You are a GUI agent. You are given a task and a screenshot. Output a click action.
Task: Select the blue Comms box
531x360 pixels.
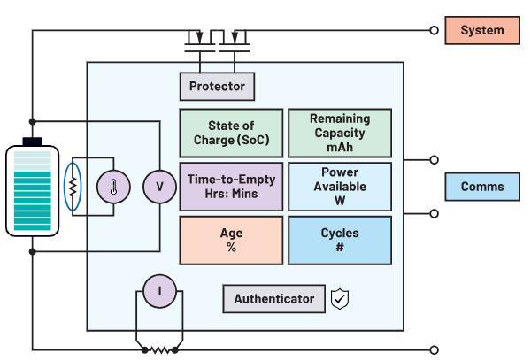[x=481, y=187]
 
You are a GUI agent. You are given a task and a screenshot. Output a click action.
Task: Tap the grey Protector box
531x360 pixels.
[x=217, y=87]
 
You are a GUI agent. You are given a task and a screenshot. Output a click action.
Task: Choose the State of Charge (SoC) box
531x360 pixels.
[x=231, y=133]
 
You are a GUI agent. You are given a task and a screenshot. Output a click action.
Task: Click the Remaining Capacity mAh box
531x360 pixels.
[x=340, y=132]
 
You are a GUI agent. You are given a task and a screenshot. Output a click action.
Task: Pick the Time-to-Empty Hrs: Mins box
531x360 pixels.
[x=231, y=186]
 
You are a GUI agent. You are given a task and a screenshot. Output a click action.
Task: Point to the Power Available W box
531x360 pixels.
[x=340, y=186]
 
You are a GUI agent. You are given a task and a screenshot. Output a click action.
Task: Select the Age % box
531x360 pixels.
[x=231, y=241]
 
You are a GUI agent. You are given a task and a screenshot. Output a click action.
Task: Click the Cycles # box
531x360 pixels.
[x=340, y=241]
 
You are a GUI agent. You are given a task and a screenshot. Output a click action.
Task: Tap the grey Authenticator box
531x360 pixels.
[x=273, y=299]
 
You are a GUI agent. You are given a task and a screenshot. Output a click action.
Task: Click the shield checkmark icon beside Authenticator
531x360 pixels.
[x=339, y=299]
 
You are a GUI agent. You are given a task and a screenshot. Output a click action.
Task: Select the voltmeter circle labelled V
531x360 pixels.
[x=160, y=187]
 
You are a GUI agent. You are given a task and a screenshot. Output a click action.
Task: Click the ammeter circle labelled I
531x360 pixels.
[x=160, y=289]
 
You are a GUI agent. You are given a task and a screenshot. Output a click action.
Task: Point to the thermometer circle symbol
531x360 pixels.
[x=113, y=187]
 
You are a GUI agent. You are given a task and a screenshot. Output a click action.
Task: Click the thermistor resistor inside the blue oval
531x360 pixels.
[x=75, y=187]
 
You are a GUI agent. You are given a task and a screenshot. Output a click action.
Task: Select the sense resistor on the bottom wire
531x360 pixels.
[x=160, y=349]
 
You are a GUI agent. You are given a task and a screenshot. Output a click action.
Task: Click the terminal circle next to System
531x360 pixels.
[x=434, y=30]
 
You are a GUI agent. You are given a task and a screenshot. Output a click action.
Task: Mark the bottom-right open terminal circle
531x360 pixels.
[x=434, y=349]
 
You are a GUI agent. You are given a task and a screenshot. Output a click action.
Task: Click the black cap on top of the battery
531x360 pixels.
[x=33, y=141]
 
